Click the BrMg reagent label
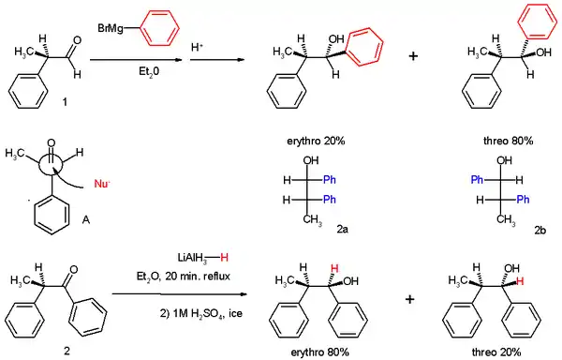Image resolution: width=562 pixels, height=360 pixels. tap(111, 28)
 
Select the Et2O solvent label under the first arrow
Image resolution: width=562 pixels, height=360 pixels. tap(149, 72)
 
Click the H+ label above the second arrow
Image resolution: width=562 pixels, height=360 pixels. tap(197, 47)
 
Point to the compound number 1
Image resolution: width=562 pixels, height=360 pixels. tap(65, 102)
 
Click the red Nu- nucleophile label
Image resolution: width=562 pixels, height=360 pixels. tap(102, 184)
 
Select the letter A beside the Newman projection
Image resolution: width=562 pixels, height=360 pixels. tap(85, 219)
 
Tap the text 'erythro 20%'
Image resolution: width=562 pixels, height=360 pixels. tap(316, 141)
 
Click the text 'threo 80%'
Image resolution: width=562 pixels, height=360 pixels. tap(508, 141)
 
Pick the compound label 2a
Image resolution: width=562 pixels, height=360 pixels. tap(342, 229)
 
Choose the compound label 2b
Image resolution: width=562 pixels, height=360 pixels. tap(540, 230)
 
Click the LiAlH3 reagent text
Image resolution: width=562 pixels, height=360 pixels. tap(192, 258)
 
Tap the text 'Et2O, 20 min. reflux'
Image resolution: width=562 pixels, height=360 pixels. tap(184, 277)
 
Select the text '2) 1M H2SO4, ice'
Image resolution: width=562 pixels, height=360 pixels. tap(201, 314)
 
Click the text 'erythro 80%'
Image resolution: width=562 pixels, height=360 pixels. tap(320, 352)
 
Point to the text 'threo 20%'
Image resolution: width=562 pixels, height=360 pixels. tap(496, 352)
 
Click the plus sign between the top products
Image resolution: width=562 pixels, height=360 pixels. tap(413, 56)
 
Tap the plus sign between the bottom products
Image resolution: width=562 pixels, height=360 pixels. tap(410, 299)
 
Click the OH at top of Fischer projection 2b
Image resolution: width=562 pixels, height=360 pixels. tap(504, 160)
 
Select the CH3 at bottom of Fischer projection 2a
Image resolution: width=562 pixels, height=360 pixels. tap(313, 219)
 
